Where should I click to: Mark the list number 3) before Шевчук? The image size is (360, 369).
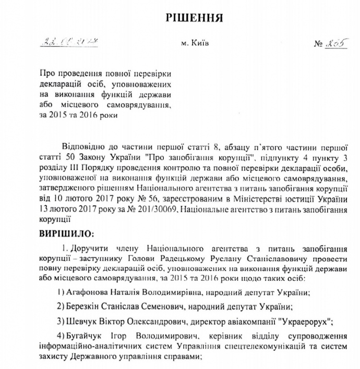pyautogui.click(x=61, y=320)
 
